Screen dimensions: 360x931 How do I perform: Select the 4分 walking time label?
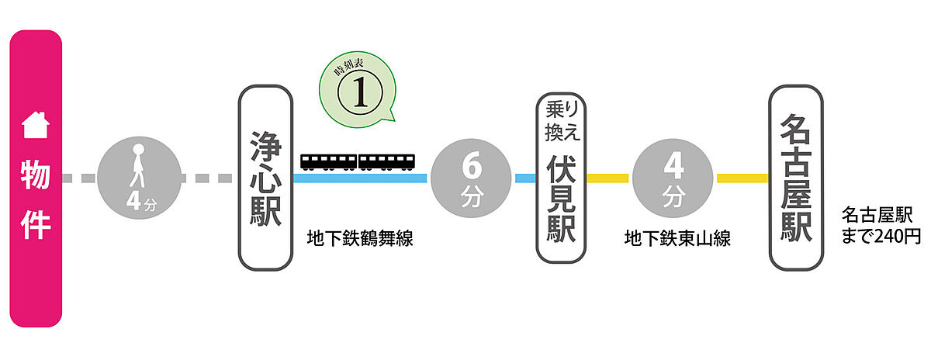[x=140, y=204]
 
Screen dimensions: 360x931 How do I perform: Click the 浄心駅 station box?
[x=265, y=178]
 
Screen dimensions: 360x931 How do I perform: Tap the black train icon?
[x=358, y=161]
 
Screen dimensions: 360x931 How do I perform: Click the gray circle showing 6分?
[x=471, y=178]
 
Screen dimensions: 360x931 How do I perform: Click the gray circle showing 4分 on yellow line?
[x=672, y=178]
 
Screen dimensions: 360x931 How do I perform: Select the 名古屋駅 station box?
[x=796, y=178]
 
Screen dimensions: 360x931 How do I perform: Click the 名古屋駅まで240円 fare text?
[x=881, y=224]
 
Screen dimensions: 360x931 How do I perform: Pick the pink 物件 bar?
[x=35, y=178]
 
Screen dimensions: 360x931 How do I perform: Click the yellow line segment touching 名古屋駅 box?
[x=742, y=178]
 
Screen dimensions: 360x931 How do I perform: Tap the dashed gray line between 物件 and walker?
[x=79, y=178]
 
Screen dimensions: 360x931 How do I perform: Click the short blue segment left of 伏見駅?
[x=524, y=178]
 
